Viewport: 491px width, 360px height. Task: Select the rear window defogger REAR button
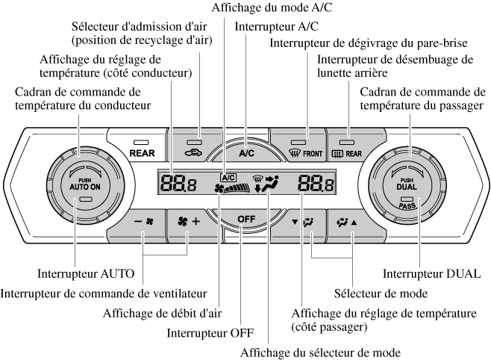(x=350, y=148)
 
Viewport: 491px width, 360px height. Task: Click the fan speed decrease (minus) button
(x=142, y=223)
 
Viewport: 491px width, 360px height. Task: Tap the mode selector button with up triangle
(x=350, y=223)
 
